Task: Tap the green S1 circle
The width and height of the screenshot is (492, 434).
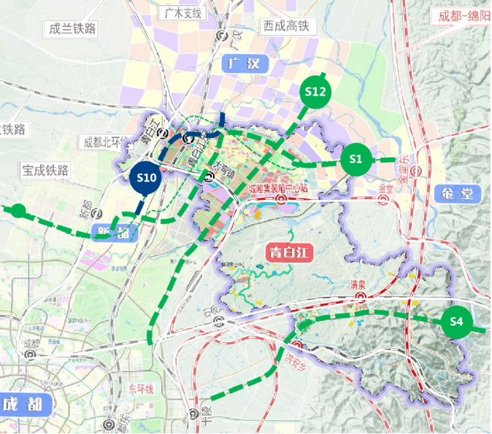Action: click(355, 158)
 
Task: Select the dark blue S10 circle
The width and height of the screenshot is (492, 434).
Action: click(147, 177)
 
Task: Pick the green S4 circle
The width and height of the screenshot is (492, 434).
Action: click(457, 321)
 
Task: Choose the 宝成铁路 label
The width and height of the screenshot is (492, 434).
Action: click(45, 170)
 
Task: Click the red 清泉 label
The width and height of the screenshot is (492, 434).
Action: click(358, 284)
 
